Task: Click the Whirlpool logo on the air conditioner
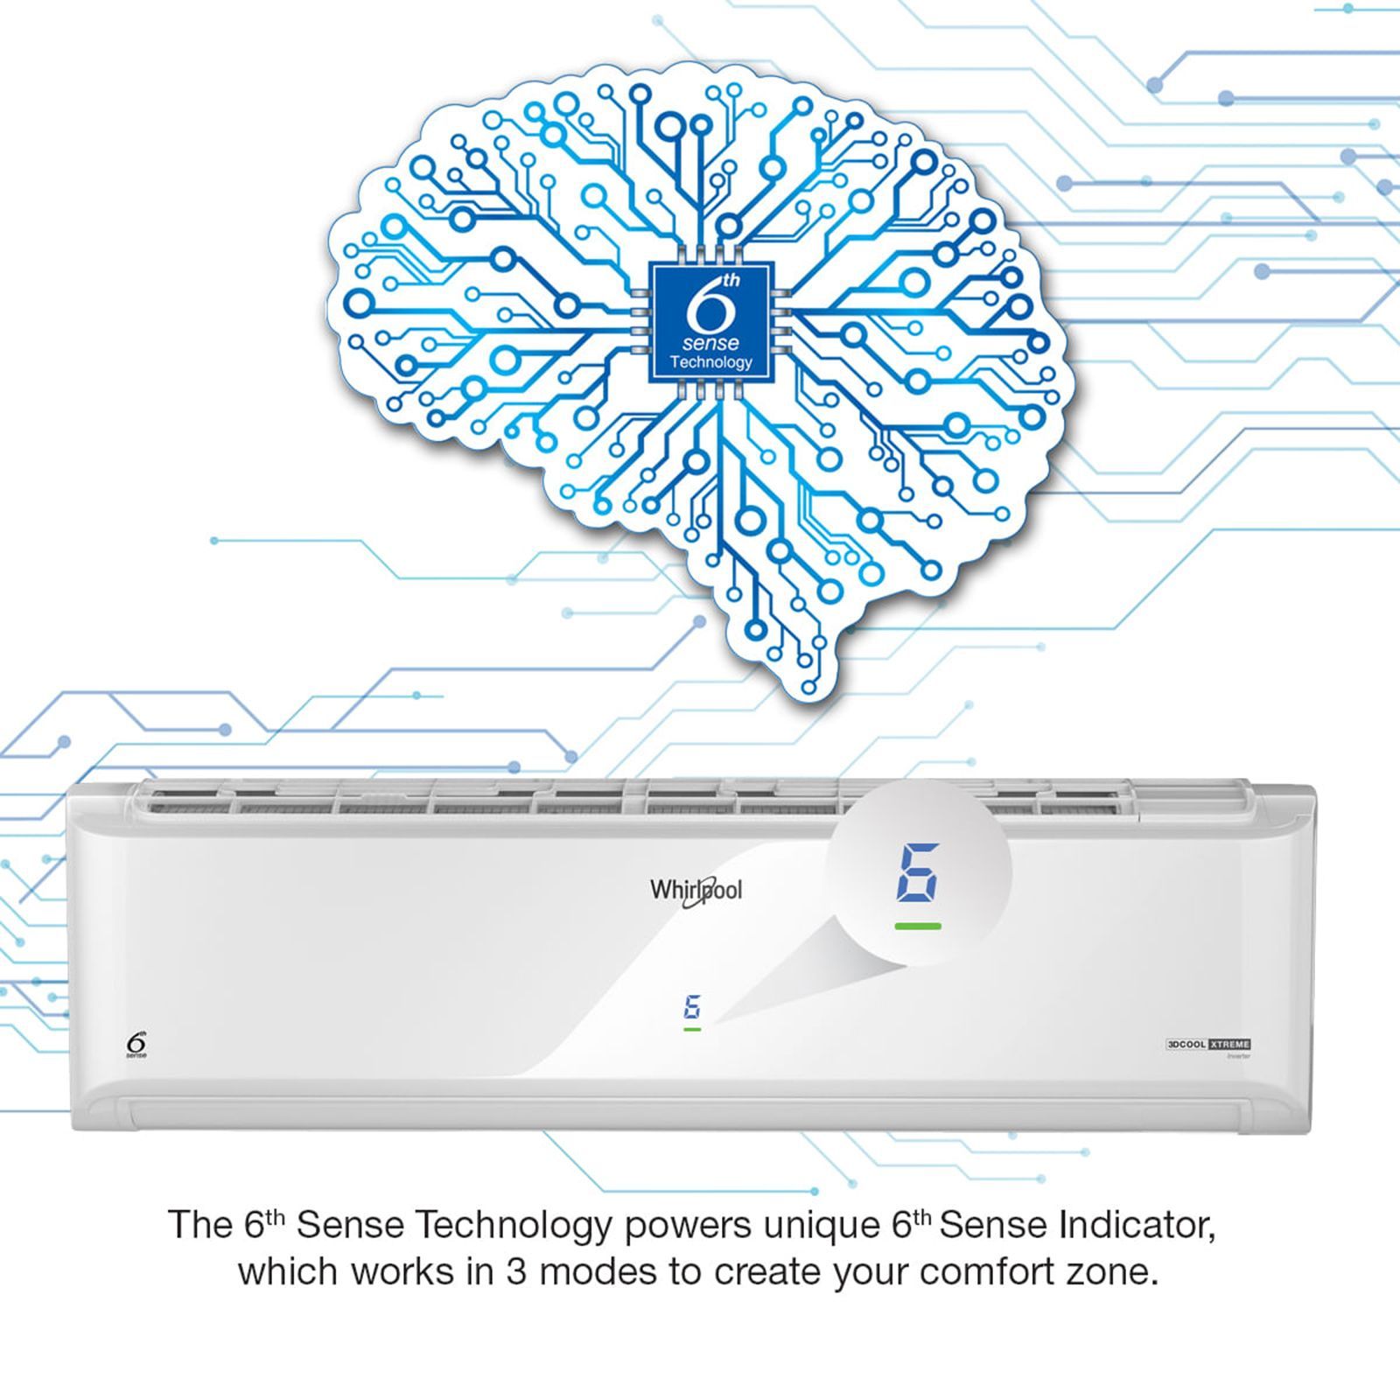coord(696,891)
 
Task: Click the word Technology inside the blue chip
coord(710,362)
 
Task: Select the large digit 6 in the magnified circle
coord(918,872)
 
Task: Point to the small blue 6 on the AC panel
coord(692,1007)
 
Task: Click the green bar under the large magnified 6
coord(918,926)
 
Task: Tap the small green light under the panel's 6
coord(692,1030)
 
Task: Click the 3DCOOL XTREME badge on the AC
coord(1208,1045)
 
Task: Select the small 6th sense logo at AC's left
coord(136,1045)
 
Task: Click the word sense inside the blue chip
coord(710,343)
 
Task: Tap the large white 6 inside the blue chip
coord(705,308)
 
